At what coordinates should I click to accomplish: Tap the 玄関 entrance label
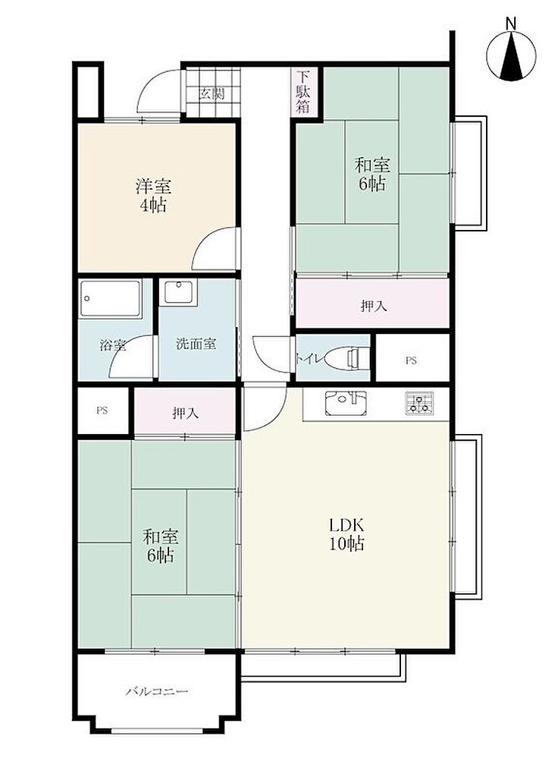coord(212,93)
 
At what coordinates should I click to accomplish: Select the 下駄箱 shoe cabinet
coord(303,93)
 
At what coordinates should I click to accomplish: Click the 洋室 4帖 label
coord(153,196)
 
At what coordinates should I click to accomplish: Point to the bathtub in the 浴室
coord(111,299)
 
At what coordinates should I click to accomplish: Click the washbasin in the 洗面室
coord(180,292)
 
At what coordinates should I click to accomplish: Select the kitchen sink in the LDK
coord(346,404)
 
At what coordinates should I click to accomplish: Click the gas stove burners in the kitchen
coord(419,404)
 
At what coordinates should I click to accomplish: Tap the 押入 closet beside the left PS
coord(185,411)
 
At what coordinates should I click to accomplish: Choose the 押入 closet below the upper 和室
coord(372,304)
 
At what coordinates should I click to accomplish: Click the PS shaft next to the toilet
coord(412,358)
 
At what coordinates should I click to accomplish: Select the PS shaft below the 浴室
coord(102,411)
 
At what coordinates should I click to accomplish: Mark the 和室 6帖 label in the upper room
coord(372,174)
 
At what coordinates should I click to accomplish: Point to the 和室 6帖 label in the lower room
coord(161,546)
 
